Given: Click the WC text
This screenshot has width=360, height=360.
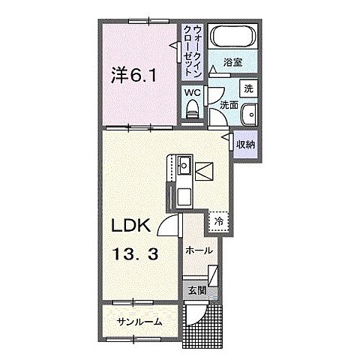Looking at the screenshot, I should [x=191, y=93].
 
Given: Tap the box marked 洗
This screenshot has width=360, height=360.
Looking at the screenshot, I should [x=248, y=88].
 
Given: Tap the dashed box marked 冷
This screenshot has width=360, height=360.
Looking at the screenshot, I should [x=218, y=221].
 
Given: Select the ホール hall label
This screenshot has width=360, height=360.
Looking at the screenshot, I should [x=199, y=250].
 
